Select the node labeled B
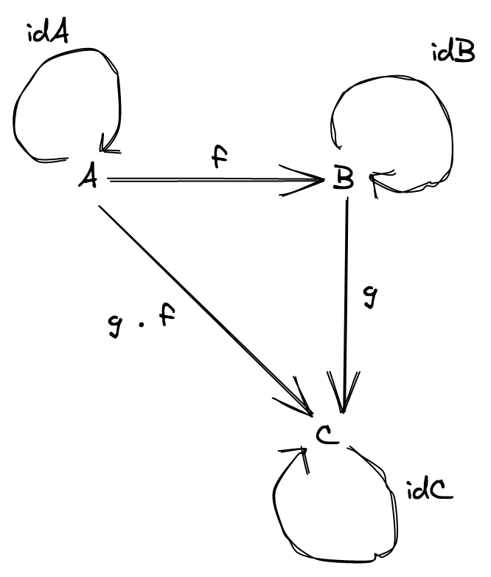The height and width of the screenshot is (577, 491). (343, 179)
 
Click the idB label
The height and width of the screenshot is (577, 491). (453, 53)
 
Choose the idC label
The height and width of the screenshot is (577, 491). (429, 490)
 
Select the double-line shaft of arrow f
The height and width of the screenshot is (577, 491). (206, 179)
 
